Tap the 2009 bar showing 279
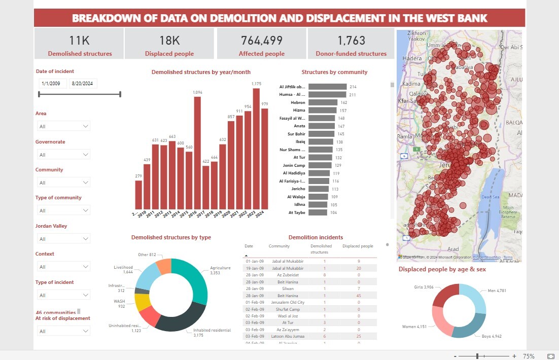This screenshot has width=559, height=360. [138, 195]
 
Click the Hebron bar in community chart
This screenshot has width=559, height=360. [323, 102]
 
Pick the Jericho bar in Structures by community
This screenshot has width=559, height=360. [319, 189]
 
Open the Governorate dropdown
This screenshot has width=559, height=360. [63, 155]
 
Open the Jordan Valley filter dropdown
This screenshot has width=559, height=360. [63, 239]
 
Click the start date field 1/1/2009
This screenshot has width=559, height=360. [52, 84]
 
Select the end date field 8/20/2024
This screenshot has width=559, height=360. [83, 84]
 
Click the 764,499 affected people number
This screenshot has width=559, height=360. [261, 41]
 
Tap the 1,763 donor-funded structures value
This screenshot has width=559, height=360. [351, 41]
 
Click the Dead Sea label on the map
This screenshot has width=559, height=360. [490, 197]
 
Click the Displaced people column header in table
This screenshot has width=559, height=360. [358, 246]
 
